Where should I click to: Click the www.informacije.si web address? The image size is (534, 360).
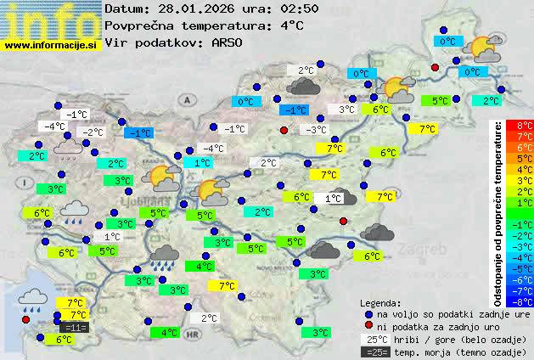(x=51, y=45)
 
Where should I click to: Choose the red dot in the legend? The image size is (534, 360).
(x=368, y=326)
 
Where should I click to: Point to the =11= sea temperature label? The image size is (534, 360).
(x=74, y=327)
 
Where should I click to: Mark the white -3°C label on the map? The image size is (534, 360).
(x=317, y=130)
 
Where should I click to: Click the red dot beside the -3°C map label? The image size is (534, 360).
(x=284, y=130)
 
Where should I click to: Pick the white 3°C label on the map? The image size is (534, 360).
(x=347, y=110)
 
